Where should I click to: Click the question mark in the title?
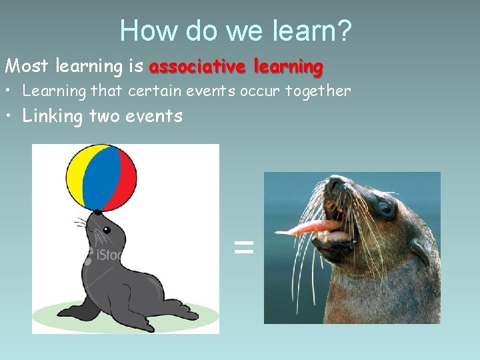tap(345, 30)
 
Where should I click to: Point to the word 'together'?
tap(317, 91)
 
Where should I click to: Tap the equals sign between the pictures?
tap(244, 249)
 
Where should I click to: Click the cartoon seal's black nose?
tap(97, 212)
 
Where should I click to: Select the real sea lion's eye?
tap(385, 207)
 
